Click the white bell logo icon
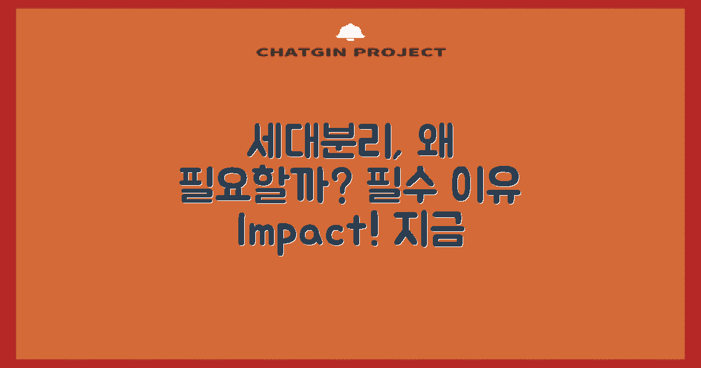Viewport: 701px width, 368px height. (x=350, y=33)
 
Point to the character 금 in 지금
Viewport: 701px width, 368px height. (x=447, y=231)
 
